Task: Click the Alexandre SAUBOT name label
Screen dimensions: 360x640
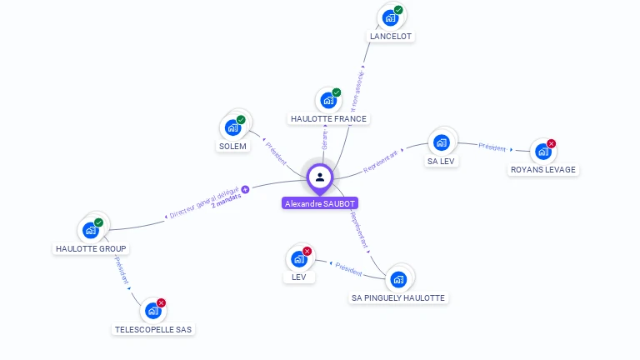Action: point(320,203)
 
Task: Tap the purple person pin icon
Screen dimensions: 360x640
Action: point(320,177)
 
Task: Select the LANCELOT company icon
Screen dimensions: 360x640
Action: point(389,17)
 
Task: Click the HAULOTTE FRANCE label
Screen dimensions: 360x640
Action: point(329,118)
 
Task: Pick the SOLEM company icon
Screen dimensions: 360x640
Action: point(232,127)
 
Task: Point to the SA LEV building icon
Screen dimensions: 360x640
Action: point(442,142)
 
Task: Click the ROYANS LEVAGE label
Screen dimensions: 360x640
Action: point(543,169)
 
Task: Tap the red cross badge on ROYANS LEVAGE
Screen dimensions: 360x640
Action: point(551,144)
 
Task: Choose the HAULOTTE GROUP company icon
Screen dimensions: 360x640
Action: point(90,230)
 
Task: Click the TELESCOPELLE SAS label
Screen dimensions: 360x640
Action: point(152,329)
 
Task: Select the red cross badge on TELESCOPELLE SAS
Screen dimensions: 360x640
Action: point(161,303)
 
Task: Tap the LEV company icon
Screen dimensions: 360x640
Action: point(298,258)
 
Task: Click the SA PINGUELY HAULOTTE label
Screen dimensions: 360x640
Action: point(398,297)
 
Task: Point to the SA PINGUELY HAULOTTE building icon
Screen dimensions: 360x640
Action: point(398,278)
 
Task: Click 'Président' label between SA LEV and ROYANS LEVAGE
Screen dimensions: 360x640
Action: point(492,147)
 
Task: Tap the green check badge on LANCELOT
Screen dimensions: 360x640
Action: point(398,10)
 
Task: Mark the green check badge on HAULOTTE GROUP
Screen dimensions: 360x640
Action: point(98,222)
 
